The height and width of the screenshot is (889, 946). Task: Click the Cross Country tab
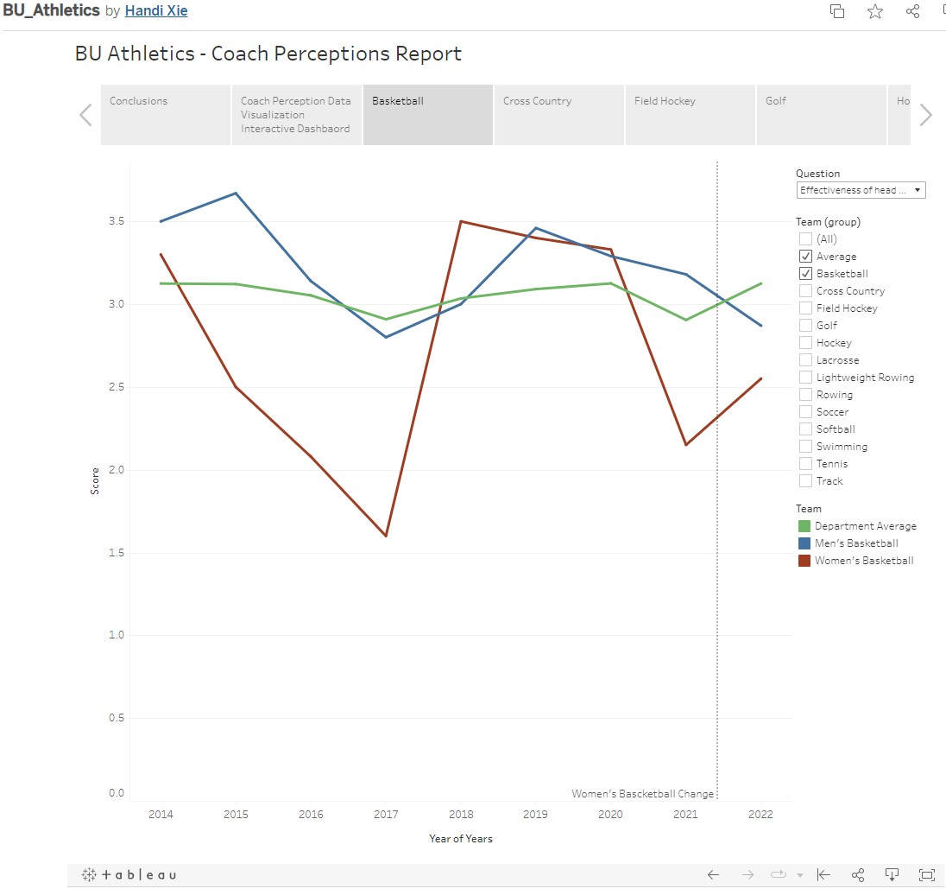click(x=558, y=114)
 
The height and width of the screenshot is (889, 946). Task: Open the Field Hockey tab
click(x=690, y=114)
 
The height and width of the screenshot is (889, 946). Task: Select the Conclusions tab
click(x=165, y=114)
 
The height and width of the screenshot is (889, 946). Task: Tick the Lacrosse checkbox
click(x=805, y=360)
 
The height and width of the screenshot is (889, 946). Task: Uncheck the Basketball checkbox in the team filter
click(x=805, y=274)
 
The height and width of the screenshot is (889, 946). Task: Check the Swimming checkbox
click(x=805, y=447)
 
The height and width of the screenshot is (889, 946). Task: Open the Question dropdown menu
click(x=861, y=190)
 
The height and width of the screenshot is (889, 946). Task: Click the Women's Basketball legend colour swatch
click(x=804, y=561)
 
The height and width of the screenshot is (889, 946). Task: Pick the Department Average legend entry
click(x=865, y=526)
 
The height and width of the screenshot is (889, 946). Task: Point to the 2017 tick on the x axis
click(x=386, y=815)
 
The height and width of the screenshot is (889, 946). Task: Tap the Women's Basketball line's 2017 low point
click(x=386, y=536)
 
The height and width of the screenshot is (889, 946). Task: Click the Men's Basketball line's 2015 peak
click(x=236, y=194)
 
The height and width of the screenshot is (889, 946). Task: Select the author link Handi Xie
click(x=156, y=11)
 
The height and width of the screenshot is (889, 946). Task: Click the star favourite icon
click(x=875, y=11)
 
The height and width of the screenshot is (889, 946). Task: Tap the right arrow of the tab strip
click(x=926, y=115)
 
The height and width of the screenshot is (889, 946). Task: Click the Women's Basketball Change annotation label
click(x=643, y=794)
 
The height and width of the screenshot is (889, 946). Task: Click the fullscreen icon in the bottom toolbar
click(x=927, y=874)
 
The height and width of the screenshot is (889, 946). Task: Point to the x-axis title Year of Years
click(x=461, y=839)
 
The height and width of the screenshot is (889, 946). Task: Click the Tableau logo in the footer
click(x=129, y=874)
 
